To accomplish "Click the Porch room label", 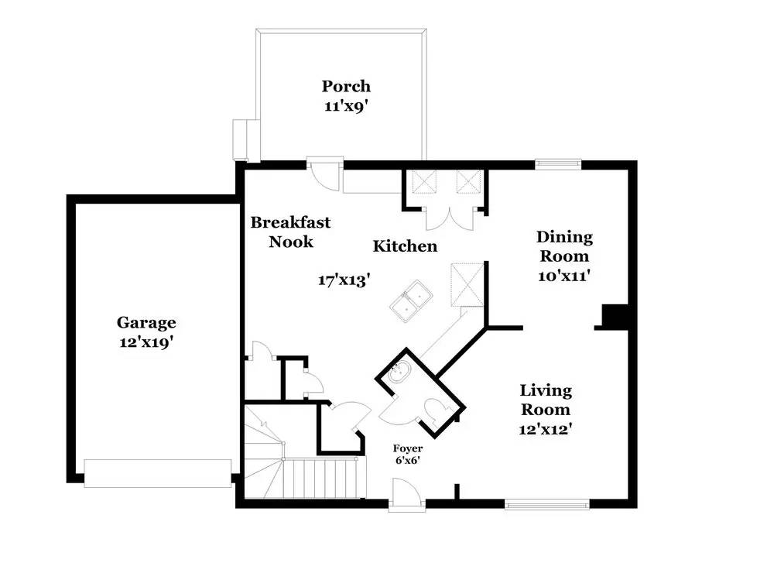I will tap(346, 86).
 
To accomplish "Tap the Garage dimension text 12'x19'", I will tap(146, 342).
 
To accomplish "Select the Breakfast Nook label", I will tap(290, 232).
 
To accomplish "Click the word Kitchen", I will tap(405, 246).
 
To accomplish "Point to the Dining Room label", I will tap(564, 246).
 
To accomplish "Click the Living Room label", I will tap(545, 400).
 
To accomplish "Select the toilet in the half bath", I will tap(436, 407).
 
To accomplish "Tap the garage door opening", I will tap(157, 473).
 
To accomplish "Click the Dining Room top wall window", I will tap(558, 163).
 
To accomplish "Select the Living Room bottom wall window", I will tap(547, 504).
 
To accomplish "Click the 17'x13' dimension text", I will tap(341, 280).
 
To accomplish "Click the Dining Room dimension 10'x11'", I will tap(564, 275).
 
